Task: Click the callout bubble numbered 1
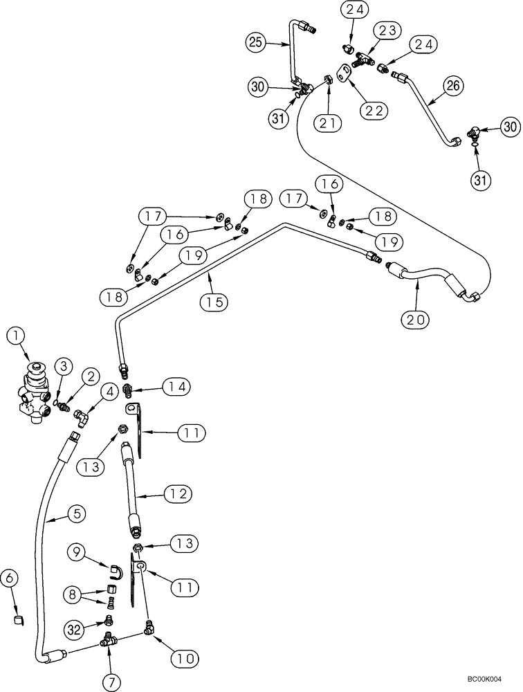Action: (17, 337)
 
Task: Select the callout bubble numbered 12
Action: (176, 494)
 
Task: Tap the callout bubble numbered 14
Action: (174, 385)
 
